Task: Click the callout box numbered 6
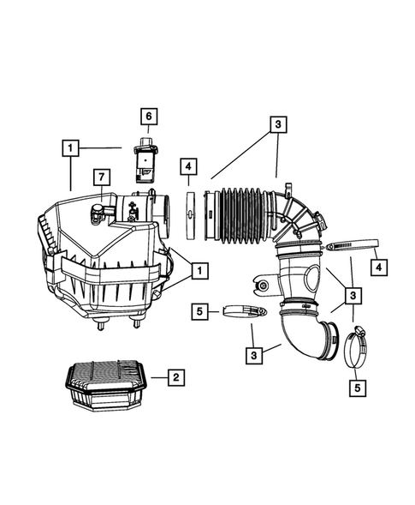tap(146, 116)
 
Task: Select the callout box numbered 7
tap(100, 177)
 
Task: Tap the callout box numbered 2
tap(174, 376)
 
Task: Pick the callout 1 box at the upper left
tap(70, 147)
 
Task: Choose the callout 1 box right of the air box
tap(199, 271)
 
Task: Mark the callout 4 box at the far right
tap(377, 267)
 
